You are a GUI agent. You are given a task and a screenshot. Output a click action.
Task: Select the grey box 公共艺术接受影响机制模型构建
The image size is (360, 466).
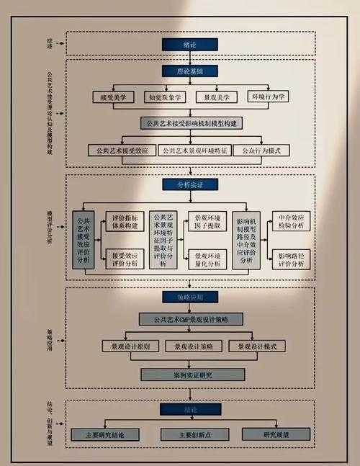click(191, 123)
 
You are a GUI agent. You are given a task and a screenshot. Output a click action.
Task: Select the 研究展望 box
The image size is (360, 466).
click(276, 435)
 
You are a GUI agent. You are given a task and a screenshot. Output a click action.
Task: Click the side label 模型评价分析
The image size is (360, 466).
click(49, 228)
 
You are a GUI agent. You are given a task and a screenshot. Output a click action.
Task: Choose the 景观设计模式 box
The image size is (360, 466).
click(257, 346)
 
